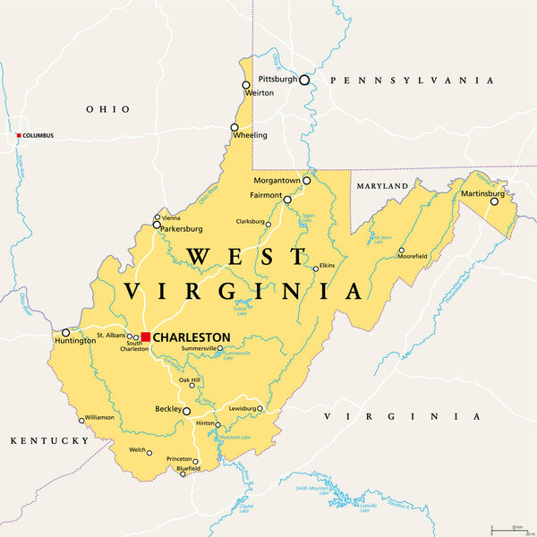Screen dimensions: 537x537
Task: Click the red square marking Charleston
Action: pos(146,337)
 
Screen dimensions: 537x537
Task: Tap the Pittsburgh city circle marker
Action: pos(304,80)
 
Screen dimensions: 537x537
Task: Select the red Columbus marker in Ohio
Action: pos(17,135)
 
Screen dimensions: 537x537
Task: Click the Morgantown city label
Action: pos(276,180)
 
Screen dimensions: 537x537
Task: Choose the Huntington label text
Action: pos(74,341)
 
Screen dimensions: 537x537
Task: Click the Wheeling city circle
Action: pos(234,128)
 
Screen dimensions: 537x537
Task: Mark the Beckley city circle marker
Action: pos(186,411)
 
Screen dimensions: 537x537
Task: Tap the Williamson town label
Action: pos(100,417)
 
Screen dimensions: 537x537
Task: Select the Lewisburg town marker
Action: pos(260,409)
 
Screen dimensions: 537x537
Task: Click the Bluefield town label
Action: pos(188,467)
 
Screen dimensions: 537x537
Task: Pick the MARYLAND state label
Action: pos(381,186)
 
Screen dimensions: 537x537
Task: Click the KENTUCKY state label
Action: pos(49,441)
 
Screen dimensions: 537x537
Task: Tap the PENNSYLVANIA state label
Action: pos(412,81)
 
